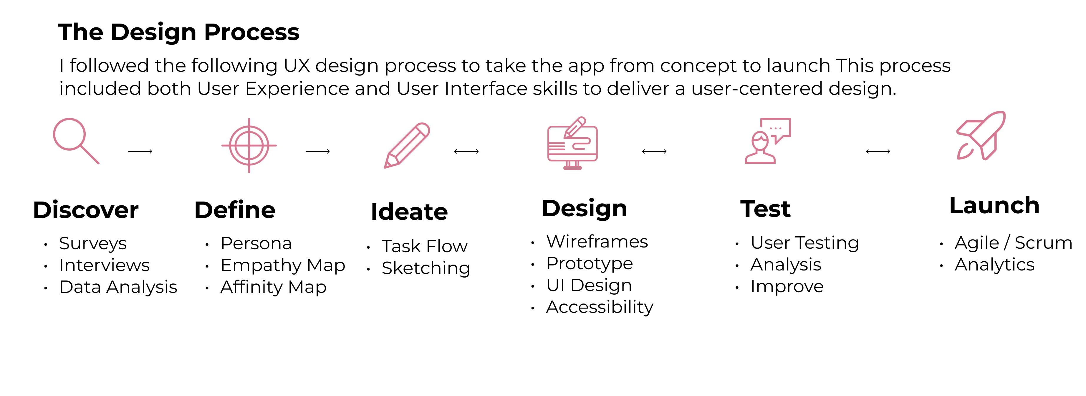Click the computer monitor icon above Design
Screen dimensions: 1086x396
tap(572, 143)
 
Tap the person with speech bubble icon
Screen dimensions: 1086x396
tap(767, 141)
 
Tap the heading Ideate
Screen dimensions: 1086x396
tap(409, 212)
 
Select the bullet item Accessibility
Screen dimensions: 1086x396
tap(600, 307)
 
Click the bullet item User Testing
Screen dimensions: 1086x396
tap(804, 243)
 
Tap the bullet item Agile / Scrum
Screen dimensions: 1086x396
tap(1013, 243)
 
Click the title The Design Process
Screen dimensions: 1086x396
tap(178, 32)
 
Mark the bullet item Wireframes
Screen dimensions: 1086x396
tap(597, 242)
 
